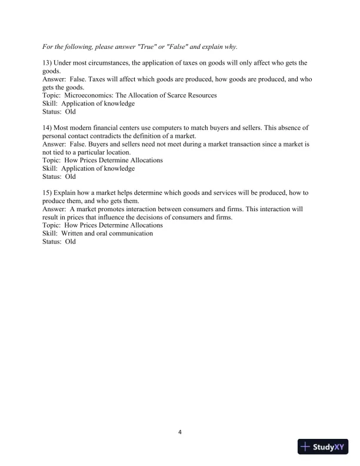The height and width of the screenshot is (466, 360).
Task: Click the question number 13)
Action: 48,62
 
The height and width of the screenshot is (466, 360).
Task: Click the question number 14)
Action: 48,127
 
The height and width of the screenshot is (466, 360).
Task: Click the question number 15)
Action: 48,192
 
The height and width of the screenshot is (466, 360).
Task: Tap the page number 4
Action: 180,433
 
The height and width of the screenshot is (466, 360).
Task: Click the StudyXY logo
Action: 323,448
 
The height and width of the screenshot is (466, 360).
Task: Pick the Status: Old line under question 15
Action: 59,241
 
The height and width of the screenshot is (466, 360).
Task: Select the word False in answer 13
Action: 82,78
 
